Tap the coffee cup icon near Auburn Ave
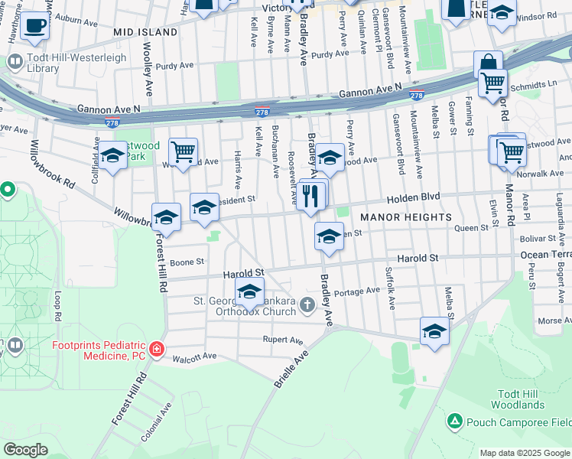(34, 25)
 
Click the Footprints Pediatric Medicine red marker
(157, 349)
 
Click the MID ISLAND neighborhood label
(145, 33)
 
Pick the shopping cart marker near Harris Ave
(183, 153)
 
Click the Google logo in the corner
(25, 450)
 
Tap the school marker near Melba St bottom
(434, 331)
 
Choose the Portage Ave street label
(357, 291)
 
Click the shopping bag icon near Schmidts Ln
(487, 63)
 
